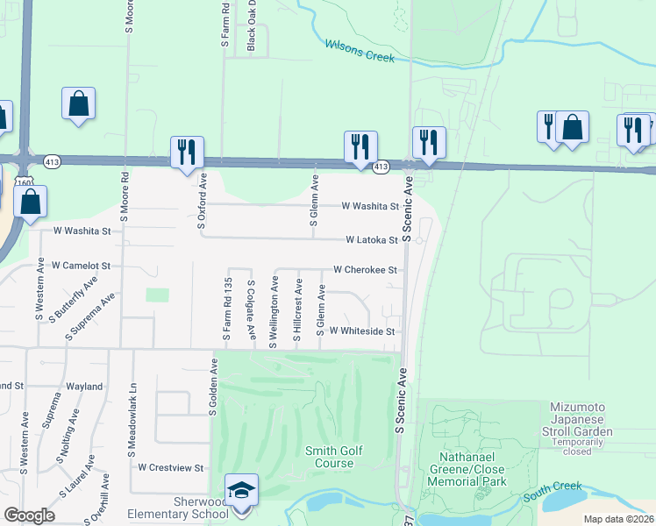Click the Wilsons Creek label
tap(360, 50)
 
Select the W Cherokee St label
tap(365, 270)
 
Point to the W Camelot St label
tap(81, 265)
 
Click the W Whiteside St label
tap(363, 331)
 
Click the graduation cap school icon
tap(242, 490)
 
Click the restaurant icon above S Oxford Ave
tap(187, 153)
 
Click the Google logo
tap(29, 515)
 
